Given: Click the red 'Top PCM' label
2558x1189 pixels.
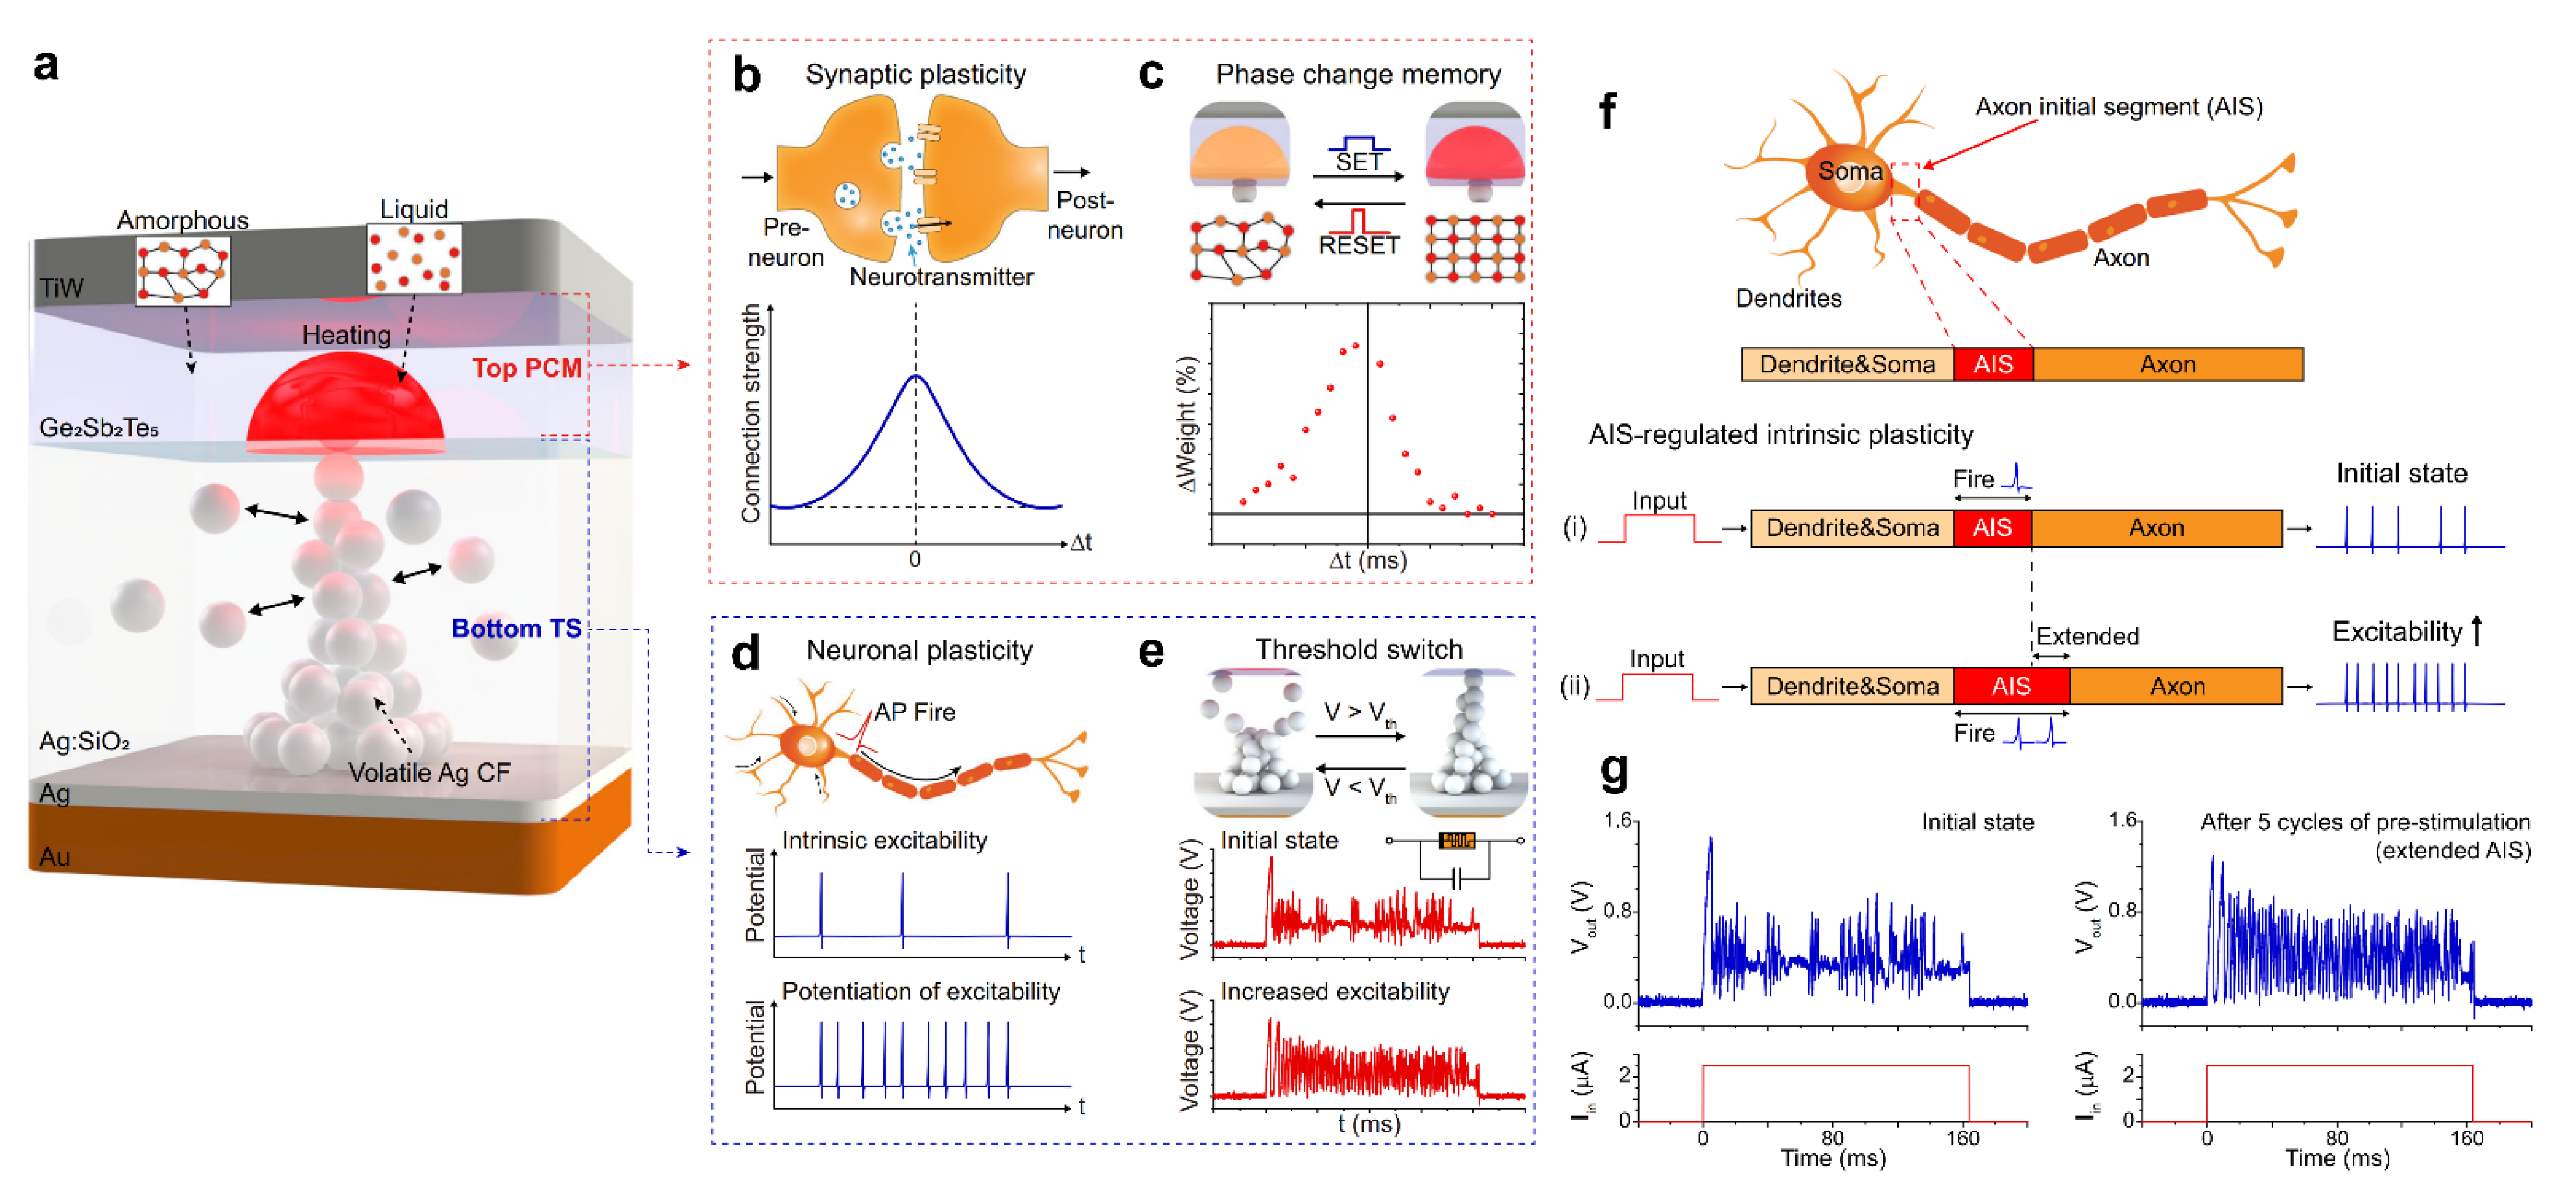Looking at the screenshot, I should tap(526, 368).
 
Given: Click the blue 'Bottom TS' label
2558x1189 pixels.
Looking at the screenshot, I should tap(516, 628).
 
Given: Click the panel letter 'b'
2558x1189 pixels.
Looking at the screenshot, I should tap(747, 75).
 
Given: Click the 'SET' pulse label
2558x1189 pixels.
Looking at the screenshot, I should tap(1358, 161).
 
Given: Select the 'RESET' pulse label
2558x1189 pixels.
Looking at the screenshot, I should tap(1358, 245).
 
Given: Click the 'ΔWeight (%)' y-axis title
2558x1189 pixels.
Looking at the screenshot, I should tap(1187, 425).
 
